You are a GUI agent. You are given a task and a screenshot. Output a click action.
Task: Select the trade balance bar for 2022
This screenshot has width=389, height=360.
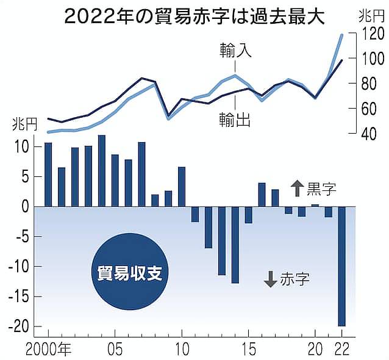click(x=341, y=266)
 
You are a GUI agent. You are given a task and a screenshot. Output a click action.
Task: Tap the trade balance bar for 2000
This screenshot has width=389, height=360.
click(x=48, y=175)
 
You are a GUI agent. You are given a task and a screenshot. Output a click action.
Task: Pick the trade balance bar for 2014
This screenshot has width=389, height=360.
click(x=235, y=245)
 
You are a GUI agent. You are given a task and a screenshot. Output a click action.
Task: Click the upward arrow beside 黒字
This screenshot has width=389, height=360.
click(x=296, y=189)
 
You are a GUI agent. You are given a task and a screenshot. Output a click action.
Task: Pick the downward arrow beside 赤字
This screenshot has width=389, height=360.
click(x=271, y=279)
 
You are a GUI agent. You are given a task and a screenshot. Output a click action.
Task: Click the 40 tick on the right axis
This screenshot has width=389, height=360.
click(x=368, y=134)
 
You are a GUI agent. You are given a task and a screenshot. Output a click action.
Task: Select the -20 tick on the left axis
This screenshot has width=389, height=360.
click(x=21, y=326)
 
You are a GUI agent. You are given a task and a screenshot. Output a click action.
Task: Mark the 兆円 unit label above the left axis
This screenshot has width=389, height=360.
click(x=25, y=126)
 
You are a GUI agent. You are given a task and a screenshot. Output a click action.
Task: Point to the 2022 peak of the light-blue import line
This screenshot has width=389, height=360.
click(x=341, y=35)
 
